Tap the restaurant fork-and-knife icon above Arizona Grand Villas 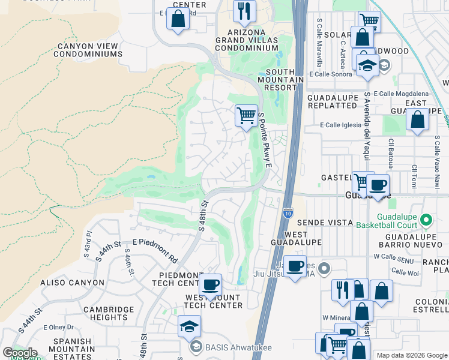pyautogui.click(x=244, y=10)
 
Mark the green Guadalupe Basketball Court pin pyautogui.click(x=426, y=218)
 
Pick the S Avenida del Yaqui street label pyautogui.click(x=366, y=126)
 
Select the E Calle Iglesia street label pyautogui.click(x=339, y=125)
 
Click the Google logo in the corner pyautogui.click(x=19, y=352)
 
